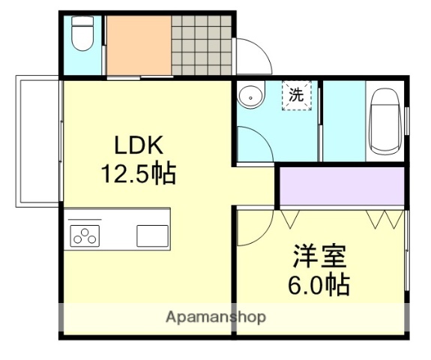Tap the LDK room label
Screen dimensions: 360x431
coord(139,145)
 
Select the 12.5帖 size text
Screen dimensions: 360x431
coord(139,174)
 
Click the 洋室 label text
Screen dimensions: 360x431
coord(319,256)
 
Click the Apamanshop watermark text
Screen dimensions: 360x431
coord(215,317)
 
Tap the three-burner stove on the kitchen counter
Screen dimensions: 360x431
coord(85,235)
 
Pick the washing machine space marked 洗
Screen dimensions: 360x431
coord(298,96)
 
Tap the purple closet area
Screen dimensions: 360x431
coord(342,187)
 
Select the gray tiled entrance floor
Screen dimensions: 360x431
coord(202,45)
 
